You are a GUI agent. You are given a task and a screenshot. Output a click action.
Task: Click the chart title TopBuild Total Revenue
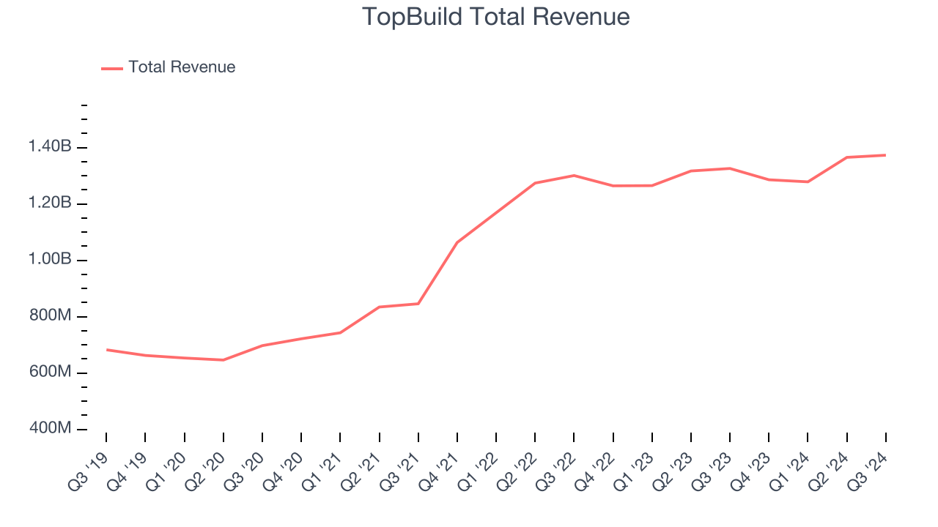(x=496, y=17)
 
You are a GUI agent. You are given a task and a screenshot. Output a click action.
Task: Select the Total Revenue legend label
(x=182, y=67)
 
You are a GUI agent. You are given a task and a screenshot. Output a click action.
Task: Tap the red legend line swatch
(x=112, y=68)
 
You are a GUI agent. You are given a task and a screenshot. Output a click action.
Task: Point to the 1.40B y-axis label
(x=50, y=147)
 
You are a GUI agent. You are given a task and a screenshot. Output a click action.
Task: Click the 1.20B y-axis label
(x=50, y=203)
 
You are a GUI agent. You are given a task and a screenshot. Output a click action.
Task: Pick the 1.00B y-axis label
(x=50, y=260)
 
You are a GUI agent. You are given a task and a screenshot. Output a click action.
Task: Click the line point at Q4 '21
(x=457, y=242)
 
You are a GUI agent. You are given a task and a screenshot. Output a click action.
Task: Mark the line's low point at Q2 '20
(x=223, y=360)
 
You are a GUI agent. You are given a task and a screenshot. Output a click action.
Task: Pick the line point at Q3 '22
(x=574, y=176)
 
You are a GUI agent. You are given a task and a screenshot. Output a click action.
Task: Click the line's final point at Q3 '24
(x=885, y=155)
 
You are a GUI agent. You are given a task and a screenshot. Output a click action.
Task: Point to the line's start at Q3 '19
(x=106, y=350)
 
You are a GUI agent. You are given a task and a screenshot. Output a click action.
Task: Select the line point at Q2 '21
(x=379, y=307)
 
